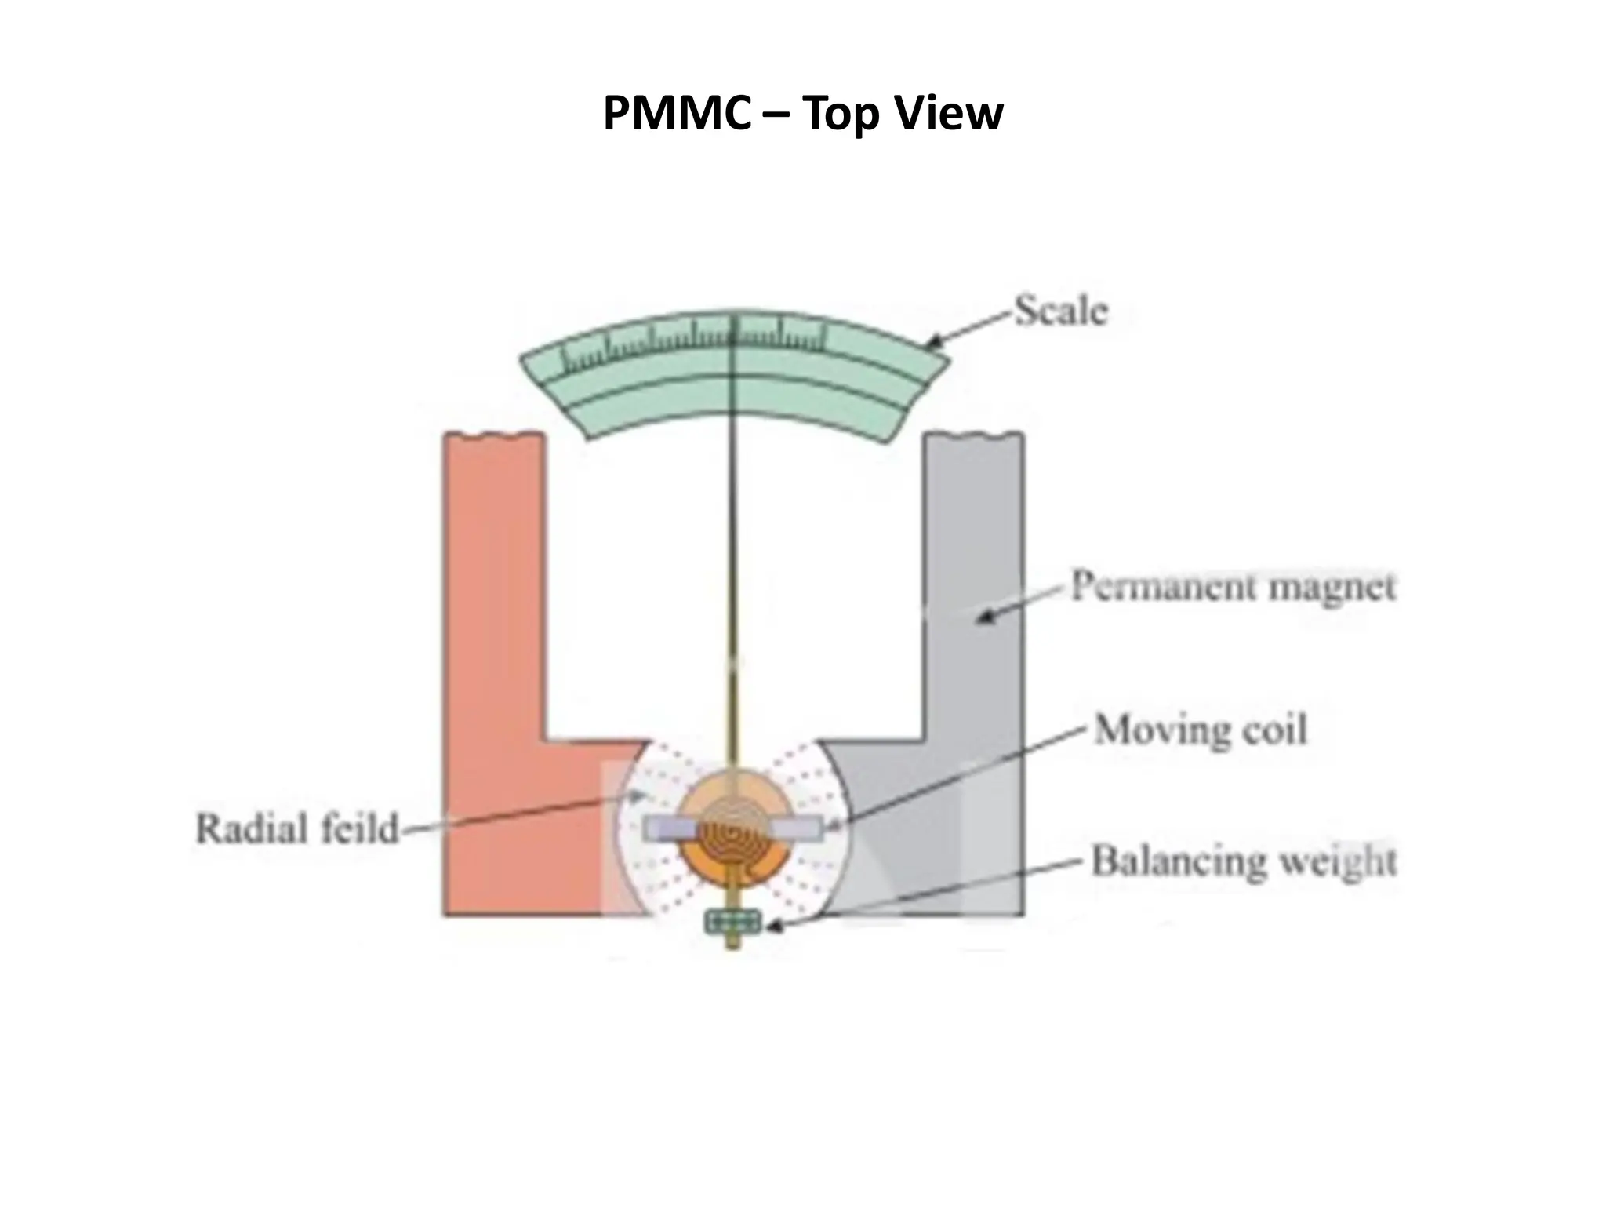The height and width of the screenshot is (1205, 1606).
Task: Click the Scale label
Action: tap(1061, 311)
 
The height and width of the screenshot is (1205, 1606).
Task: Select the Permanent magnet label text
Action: tap(1234, 587)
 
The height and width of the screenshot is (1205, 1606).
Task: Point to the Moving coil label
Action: tap(1201, 730)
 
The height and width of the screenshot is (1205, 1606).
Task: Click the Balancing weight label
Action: tap(1244, 861)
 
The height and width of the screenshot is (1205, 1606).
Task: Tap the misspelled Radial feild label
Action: tap(297, 829)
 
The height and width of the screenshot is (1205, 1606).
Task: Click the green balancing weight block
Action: tap(733, 922)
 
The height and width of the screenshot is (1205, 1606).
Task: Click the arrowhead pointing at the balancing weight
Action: tap(772, 927)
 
